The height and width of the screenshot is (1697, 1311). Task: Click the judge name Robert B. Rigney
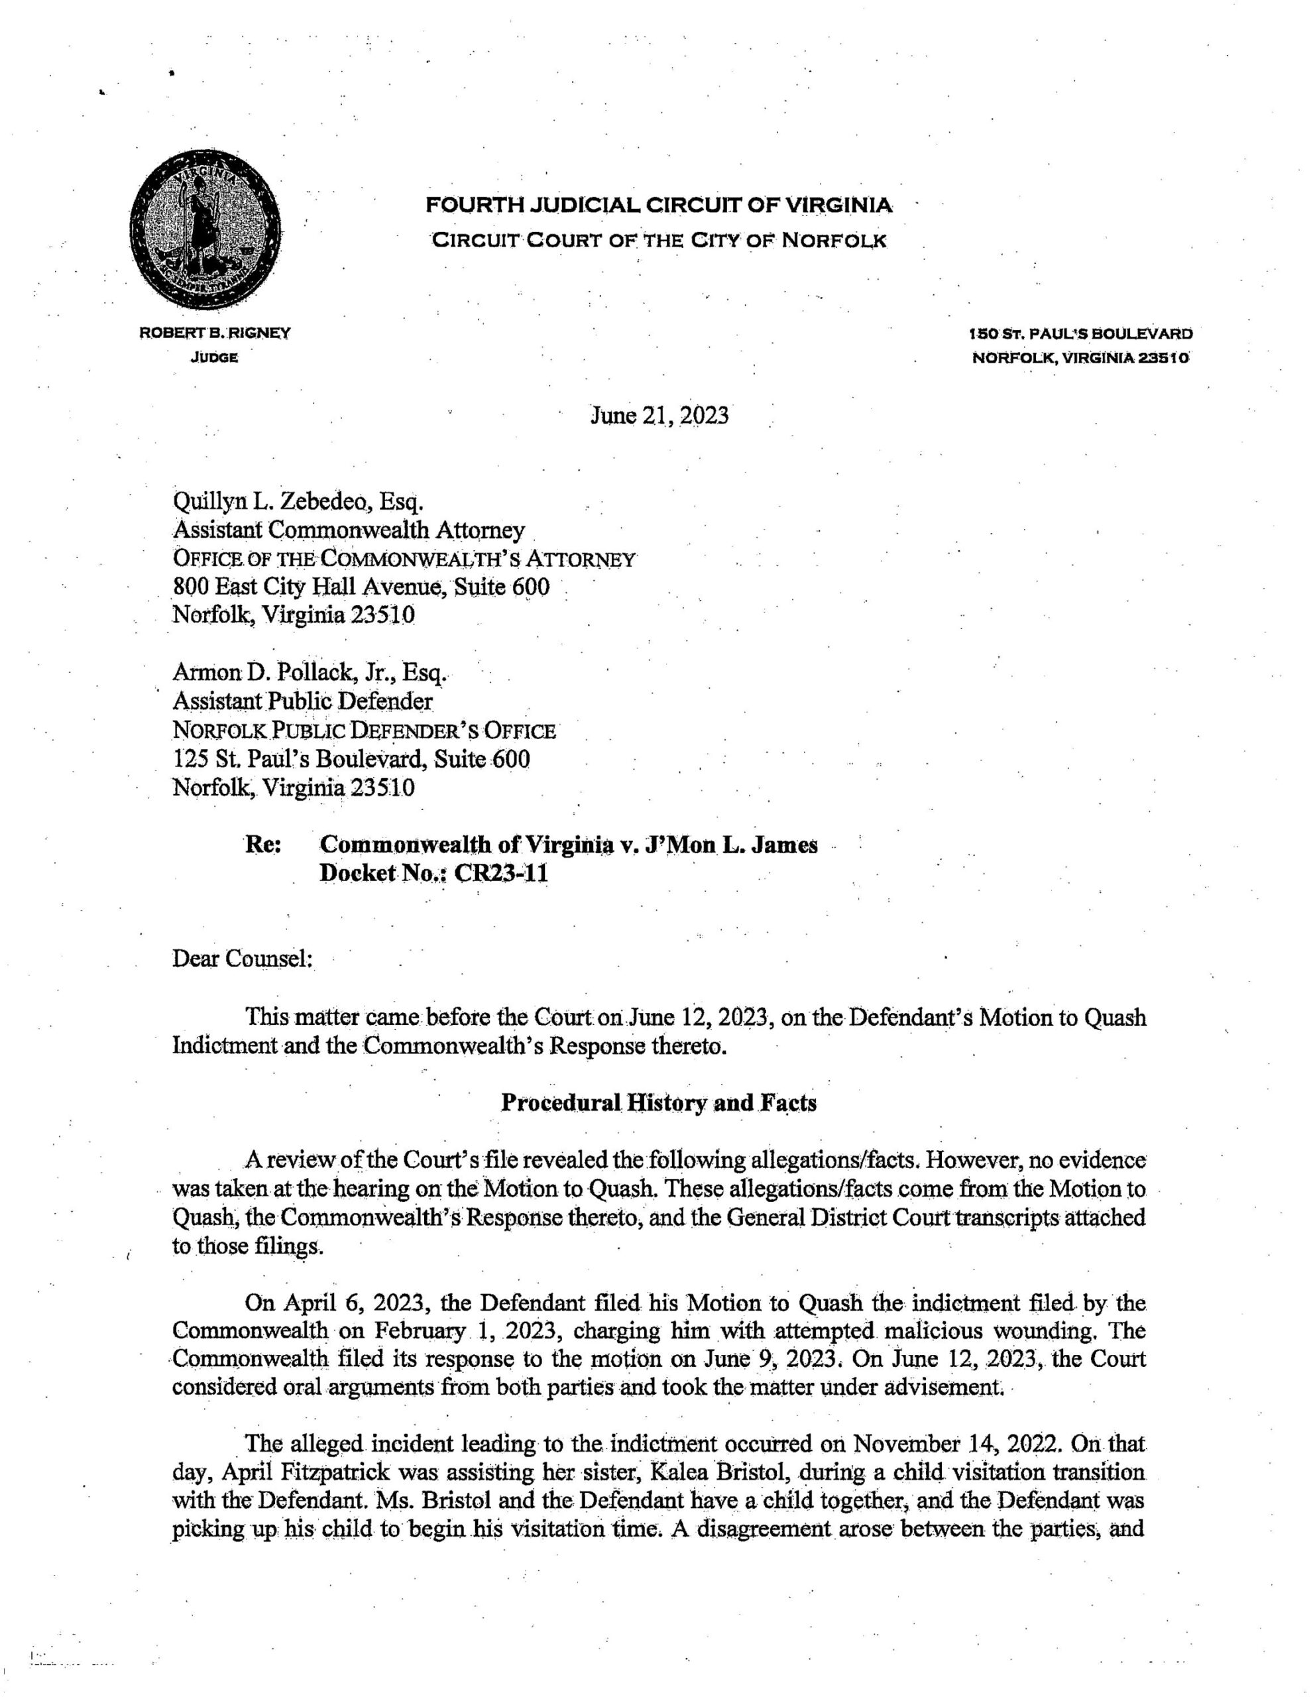click(x=215, y=334)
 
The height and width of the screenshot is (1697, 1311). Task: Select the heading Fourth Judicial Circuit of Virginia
click(x=658, y=206)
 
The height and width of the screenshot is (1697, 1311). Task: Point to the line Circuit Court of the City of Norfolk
click(x=658, y=240)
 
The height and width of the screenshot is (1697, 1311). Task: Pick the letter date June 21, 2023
click(x=659, y=416)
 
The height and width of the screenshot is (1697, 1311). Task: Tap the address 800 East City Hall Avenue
click(x=361, y=586)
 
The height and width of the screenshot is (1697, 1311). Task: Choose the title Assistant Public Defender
click(x=302, y=701)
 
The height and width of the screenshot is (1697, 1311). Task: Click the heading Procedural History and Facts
click(x=658, y=1103)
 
